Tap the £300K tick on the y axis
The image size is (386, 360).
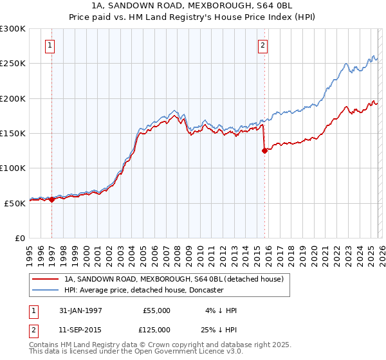pyautogui.click(x=13, y=29)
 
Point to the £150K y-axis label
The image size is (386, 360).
pyautogui.click(x=13, y=134)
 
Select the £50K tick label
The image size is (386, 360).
pyautogui.click(x=15, y=203)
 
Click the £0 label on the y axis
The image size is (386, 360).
pyautogui.click(x=21, y=238)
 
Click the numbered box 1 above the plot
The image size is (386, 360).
pyautogui.click(x=50, y=46)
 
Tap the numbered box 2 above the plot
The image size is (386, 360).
pyautogui.click(x=263, y=46)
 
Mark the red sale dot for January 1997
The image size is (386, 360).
pyautogui.click(x=52, y=200)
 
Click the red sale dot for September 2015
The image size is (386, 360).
pyautogui.click(x=264, y=151)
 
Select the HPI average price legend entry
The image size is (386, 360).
pyautogui.click(x=143, y=291)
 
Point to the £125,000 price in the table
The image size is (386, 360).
pyautogui.click(x=156, y=330)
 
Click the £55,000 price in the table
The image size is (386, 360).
pyautogui.click(x=156, y=310)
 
